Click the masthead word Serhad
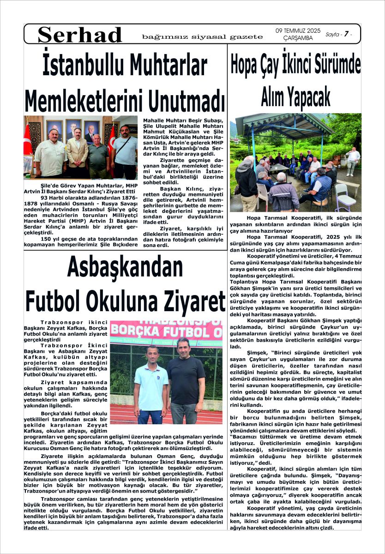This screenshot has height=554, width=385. (x=80, y=35)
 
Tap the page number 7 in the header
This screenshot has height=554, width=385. (x=346, y=34)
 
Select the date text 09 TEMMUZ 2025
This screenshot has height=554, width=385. (x=298, y=30)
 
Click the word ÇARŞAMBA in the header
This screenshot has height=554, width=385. (x=297, y=38)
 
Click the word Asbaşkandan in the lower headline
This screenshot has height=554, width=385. (x=125, y=268)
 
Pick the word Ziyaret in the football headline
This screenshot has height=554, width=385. (x=190, y=300)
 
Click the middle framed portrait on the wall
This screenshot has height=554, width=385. (x=73, y=128)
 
